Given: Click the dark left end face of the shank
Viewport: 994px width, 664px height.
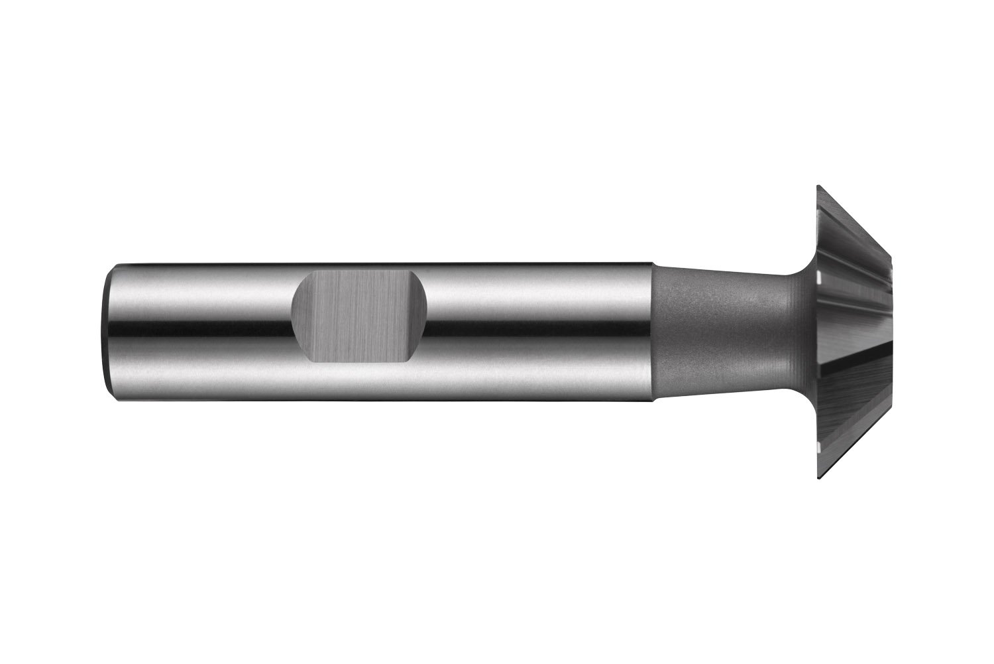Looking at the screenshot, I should (107, 332).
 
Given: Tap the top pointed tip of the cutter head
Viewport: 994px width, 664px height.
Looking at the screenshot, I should (818, 186).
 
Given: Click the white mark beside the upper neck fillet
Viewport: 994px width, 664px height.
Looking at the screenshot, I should (819, 275).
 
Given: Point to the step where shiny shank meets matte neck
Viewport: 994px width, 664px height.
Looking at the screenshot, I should (654, 332).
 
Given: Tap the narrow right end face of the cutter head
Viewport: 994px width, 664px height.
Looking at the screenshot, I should (891, 332).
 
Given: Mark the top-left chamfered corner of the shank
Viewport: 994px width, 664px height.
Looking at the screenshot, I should (111, 268).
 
